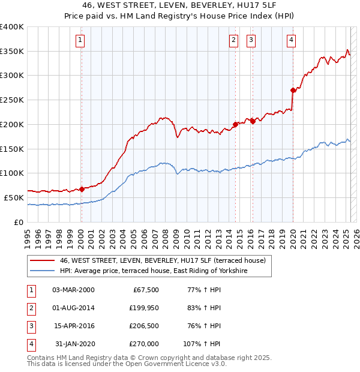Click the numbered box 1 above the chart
[80, 40]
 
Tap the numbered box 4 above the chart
[291, 40]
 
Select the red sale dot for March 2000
[82, 189]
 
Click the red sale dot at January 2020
[293, 91]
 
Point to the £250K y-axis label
[12, 100]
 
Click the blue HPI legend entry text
[154, 271]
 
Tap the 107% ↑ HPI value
[202, 344]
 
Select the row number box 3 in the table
[30, 326]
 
